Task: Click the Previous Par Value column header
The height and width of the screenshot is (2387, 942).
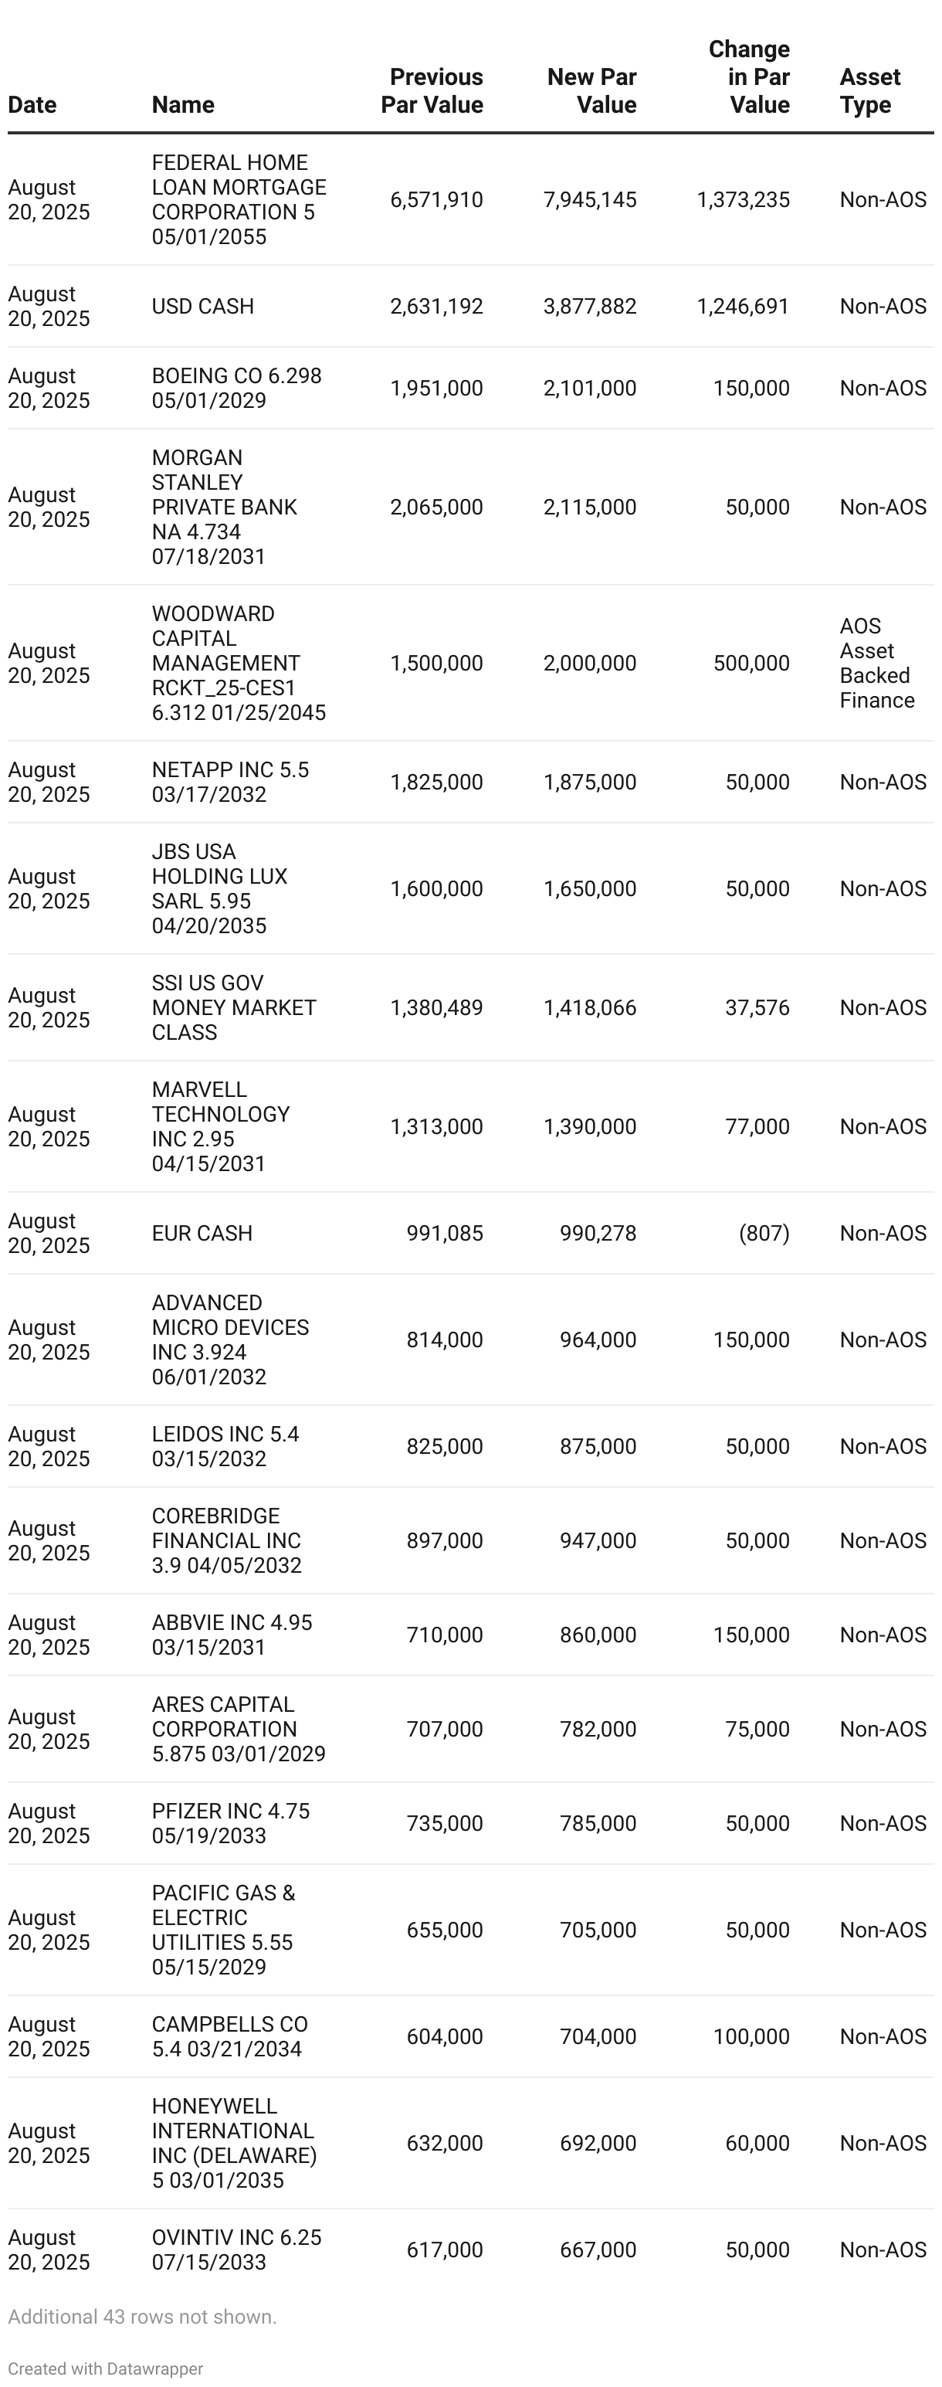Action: coord(432,91)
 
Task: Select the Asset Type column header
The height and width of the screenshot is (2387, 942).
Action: coord(869,91)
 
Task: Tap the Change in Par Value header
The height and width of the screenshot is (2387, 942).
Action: coord(748,77)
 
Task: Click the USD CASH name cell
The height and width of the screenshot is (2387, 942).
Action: coord(203,307)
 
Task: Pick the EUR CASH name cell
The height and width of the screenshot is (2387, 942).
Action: coord(202,1234)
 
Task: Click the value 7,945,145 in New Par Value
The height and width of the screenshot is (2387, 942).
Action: coord(590,200)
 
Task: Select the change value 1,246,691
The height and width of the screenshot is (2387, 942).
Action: coord(743,307)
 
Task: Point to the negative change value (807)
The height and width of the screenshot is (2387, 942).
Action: coord(764,1234)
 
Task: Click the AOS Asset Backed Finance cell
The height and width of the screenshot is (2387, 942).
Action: coord(876,664)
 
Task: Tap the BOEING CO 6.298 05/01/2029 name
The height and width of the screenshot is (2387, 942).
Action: coord(236,389)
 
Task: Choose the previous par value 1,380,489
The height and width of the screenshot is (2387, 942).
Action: coord(436,1007)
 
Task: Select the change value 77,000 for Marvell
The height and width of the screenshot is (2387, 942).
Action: coord(757,1127)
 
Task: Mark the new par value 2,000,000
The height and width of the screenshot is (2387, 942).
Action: coord(590,664)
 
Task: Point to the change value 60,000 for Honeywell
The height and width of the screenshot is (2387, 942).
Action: coord(757,2144)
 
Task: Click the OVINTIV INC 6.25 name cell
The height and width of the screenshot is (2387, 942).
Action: coord(236,2249)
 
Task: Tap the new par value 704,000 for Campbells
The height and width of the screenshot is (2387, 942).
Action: coord(598,2037)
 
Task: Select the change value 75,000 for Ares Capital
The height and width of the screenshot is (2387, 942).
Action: coord(757,1729)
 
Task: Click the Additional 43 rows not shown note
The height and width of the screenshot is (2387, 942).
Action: coord(143,2317)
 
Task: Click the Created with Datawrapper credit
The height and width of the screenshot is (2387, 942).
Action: coord(106,2368)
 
